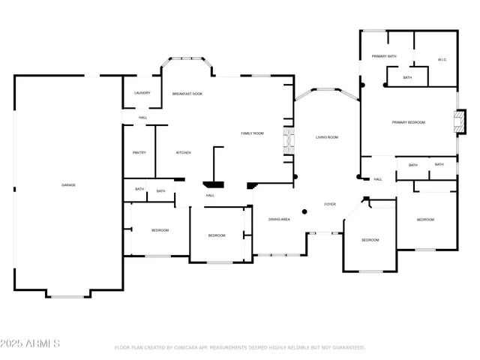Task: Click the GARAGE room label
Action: coord(68,184)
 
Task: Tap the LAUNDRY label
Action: coord(142,93)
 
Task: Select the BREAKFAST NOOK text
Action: coord(187,94)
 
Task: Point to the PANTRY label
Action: coord(139,152)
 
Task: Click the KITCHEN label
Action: coord(184,152)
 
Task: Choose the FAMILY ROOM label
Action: coord(252,133)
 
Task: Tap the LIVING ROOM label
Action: coord(327,137)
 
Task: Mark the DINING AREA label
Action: coord(280,219)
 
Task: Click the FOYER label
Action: coord(330,204)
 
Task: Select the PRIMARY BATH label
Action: coord(384,57)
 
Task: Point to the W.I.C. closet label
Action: coord(442,60)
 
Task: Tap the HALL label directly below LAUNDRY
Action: coord(142,118)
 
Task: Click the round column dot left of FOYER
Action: coord(304,211)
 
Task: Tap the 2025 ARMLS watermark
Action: coord(31,343)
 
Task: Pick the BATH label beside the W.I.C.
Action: coord(407,77)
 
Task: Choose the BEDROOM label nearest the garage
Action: coord(160,230)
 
